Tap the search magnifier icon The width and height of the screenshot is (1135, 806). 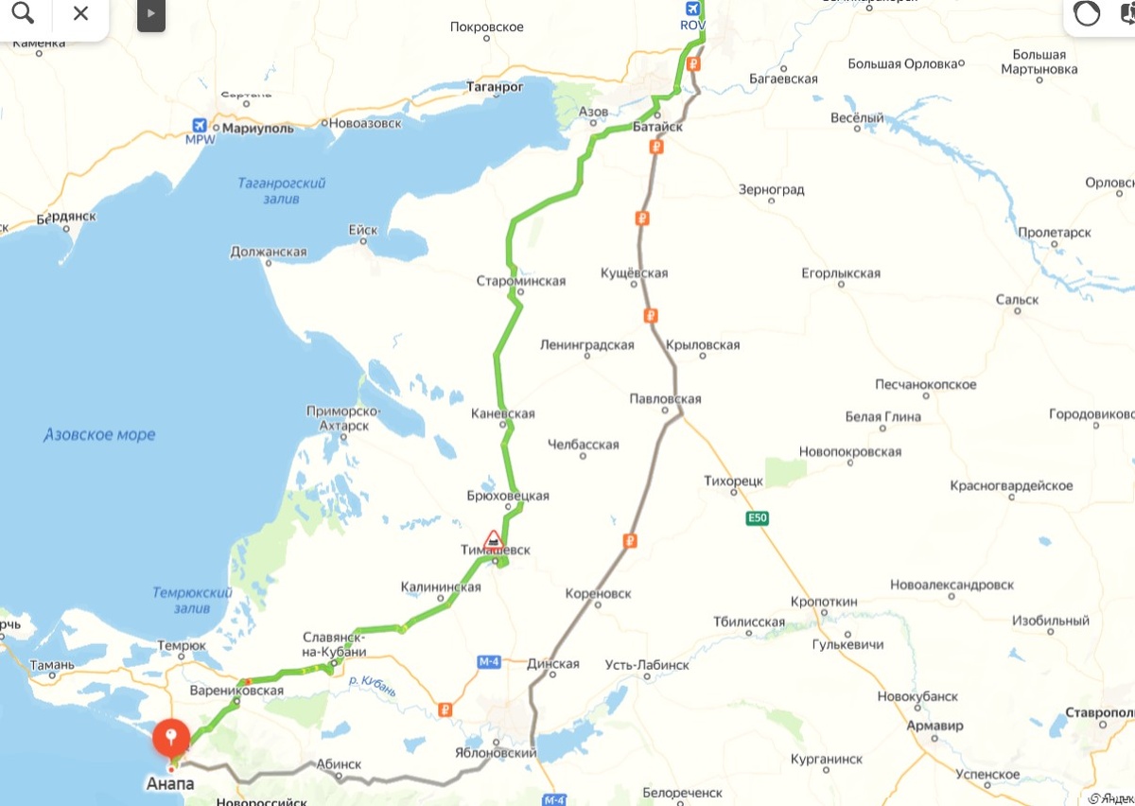23,13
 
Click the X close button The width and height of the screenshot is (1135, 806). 80,13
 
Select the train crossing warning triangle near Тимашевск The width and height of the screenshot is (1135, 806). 493,539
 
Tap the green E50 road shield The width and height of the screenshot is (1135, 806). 757,517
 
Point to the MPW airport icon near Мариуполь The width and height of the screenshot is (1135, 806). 200,126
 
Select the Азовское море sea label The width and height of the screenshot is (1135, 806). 99,435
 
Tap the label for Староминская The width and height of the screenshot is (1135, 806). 520,281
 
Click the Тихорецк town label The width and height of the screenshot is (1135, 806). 733,481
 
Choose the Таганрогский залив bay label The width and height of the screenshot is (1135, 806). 282,190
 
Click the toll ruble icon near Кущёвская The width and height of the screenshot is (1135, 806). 642,219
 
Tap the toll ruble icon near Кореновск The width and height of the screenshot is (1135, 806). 629,541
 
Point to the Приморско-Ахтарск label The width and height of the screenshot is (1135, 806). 342,418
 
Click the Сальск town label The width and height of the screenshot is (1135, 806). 1017,300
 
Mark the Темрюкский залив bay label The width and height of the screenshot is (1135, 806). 192,600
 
